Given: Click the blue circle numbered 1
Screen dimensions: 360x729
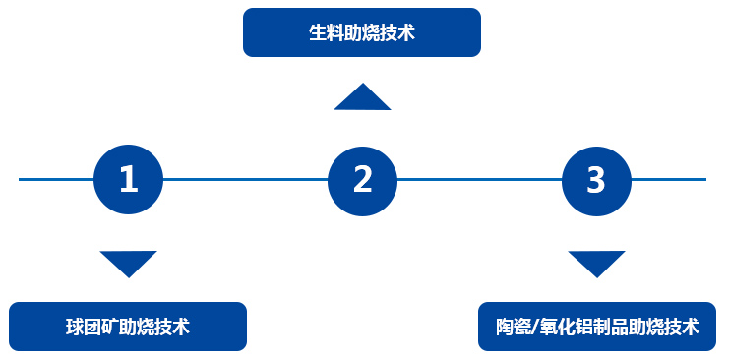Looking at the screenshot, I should click(x=128, y=179).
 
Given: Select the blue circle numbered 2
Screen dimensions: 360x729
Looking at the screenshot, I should click(x=363, y=179).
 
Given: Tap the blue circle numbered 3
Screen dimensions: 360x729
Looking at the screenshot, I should click(x=596, y=179).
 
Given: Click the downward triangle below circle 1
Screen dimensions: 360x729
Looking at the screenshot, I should click(x=128, y=263).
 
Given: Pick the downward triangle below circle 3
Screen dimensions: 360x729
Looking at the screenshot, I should click(x=596, y=263).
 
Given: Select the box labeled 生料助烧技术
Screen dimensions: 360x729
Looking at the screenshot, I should click(x=362, y=32).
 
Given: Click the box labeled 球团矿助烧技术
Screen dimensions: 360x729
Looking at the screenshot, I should click(x=128, y=327).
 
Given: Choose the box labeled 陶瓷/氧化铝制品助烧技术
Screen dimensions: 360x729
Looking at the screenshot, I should click(x=597, y=327).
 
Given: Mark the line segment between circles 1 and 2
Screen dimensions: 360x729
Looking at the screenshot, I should click(x=246, y=179).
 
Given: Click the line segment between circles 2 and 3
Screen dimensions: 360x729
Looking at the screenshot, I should click(x=480, y=179).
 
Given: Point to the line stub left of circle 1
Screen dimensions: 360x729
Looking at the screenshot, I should click(x=56, y=179).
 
